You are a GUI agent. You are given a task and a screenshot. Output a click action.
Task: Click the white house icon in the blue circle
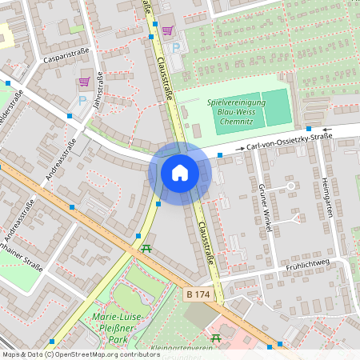(179, 172)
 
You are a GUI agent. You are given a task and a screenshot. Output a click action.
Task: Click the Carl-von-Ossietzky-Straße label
(289, 142)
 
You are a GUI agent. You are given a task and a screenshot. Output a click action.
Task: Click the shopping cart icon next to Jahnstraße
(84, 82)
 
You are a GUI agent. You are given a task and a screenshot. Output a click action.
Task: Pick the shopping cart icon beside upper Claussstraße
(167, 31)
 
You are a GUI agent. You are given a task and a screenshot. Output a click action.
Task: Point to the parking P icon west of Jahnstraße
(82, 102)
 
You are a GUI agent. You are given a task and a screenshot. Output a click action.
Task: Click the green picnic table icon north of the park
(146, 249)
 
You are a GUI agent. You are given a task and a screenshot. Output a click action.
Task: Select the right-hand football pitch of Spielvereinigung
(277, 107)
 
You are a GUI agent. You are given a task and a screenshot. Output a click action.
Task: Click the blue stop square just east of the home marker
(221, 154)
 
